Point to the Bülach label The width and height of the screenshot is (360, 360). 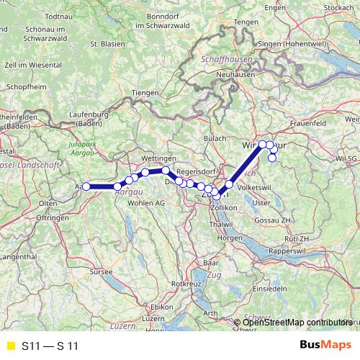pyautogui.click(x=215, y=138)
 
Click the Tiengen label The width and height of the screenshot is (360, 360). pyautogui.click(x=146, y=93)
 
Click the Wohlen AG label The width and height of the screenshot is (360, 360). pyautogui.click(x=146, y=204)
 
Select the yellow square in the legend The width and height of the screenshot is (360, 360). pyautogui.click(x=10, y=346)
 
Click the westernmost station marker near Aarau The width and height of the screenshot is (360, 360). pyautogui.click(x=86, y=186)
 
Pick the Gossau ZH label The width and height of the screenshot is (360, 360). pyautogui.click(x=279, y=219)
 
